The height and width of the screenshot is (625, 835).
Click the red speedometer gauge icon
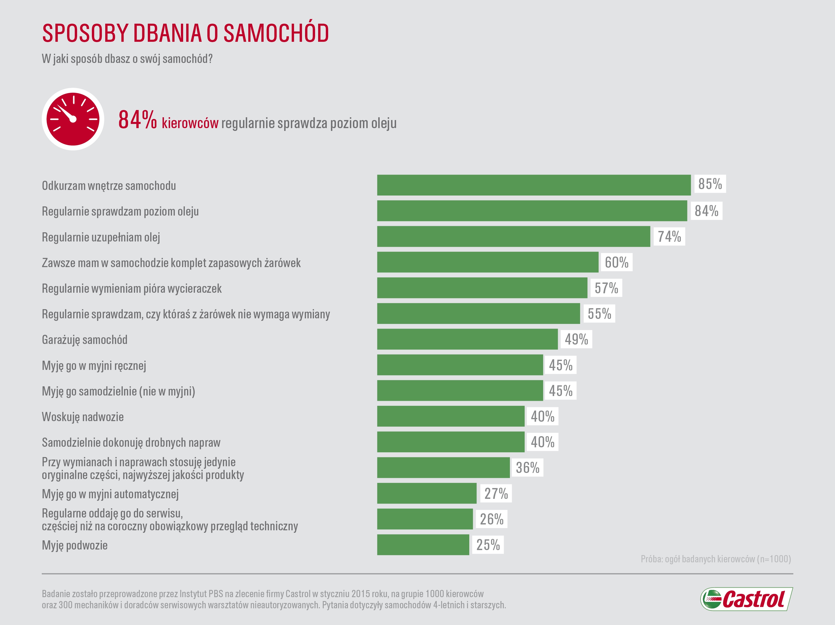tap(73, 119)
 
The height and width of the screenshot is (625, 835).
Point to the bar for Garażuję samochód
tap(467, 339)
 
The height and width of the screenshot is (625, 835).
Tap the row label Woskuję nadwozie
tap(83, 417)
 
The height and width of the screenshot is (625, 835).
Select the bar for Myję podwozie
tap(423, 545)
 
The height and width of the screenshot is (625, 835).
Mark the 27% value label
tap(496, 494)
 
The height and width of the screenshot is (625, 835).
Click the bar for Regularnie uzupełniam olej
tap(513, 236)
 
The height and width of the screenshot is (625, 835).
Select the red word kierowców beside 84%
tap(190, 123)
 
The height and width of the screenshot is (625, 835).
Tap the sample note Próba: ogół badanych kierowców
tap(715, 559)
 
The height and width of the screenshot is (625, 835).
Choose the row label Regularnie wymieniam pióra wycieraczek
tap(132, 289)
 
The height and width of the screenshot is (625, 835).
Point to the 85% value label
tap(710, 184)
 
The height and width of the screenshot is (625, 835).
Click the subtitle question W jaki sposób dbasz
tap(127, 59)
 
